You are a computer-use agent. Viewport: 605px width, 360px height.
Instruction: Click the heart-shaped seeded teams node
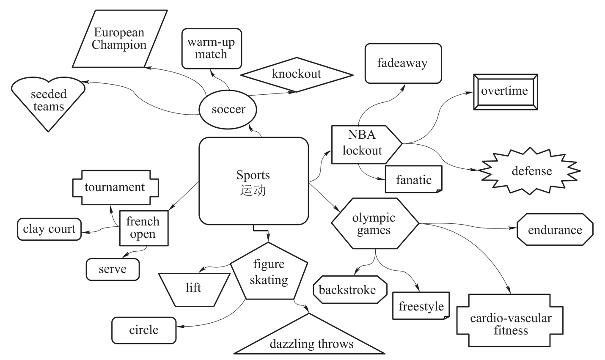(48, 101)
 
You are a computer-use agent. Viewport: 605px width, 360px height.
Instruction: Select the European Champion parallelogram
(120, 38)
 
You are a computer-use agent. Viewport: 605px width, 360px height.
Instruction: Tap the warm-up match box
(212, 48)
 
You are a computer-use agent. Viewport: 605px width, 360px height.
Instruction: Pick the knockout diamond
(296, 74)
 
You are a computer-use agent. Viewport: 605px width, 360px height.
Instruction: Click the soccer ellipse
(228, 110)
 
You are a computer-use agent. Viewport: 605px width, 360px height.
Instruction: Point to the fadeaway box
(403, 63)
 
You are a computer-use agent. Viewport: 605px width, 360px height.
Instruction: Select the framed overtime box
(505, 92)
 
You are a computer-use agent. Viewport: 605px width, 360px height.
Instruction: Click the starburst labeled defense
(531, 171)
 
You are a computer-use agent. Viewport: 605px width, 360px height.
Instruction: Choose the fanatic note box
(413, 180)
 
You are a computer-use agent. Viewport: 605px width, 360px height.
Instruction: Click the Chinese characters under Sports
(253, 190)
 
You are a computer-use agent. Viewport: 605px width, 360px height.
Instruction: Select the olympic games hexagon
(374, 224)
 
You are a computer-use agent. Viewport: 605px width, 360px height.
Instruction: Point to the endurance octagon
(555, 230)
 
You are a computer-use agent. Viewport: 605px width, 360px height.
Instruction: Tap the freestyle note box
(421, 306)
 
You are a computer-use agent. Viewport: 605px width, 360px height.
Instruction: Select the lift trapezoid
(193, 289)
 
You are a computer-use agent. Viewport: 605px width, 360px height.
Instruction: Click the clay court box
(49, 229)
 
